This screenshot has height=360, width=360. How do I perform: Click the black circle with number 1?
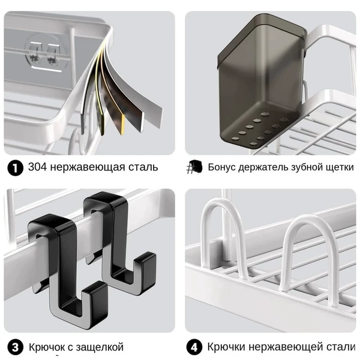click(x=15, y=168)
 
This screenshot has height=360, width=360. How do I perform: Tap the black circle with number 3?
click(x=15, y=347)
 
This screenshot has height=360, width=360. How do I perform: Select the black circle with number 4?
click(x=194, y=347)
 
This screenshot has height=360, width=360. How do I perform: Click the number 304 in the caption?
click(x=37, y=167)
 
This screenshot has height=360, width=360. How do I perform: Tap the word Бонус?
click(x=221, y=167)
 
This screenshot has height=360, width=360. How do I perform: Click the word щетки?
click(x=340, y=167)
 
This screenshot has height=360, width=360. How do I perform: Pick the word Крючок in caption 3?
click(x=47, y=347)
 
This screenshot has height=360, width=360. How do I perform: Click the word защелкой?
click(x=99, y=347)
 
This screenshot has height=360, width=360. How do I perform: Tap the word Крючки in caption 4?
click(x=226, y=347)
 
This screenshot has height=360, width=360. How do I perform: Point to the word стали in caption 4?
click(x=341, y=347)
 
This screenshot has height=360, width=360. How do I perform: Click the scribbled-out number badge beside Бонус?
click(x=194, y=167)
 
